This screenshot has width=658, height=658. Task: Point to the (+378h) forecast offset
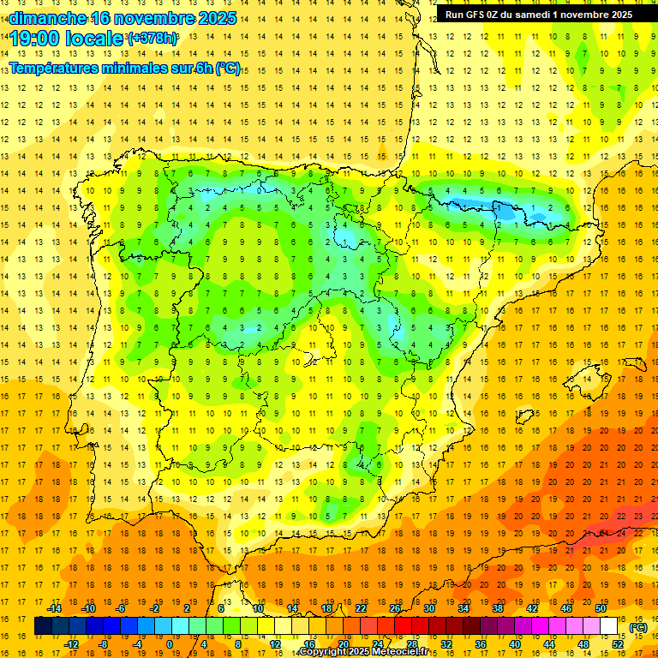coord(153,39)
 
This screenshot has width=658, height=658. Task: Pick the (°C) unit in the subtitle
coord(228,69)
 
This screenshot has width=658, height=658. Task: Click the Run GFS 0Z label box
coord(539,14)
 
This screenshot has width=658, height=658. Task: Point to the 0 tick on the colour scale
coord(170,644)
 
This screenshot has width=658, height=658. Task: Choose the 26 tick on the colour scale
coord(395,608)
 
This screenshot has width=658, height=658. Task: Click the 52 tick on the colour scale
coord(618,644)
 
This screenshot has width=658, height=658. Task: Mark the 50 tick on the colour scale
coord(601,608)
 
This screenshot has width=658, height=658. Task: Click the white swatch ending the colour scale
coord(609,626)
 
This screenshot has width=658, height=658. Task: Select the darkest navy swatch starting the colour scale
coord(43,626)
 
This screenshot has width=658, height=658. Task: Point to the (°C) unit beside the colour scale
coord(638,626)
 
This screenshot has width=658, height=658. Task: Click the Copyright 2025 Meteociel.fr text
coord(363,652)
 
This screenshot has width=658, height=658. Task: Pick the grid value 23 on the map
coord(639,516)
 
